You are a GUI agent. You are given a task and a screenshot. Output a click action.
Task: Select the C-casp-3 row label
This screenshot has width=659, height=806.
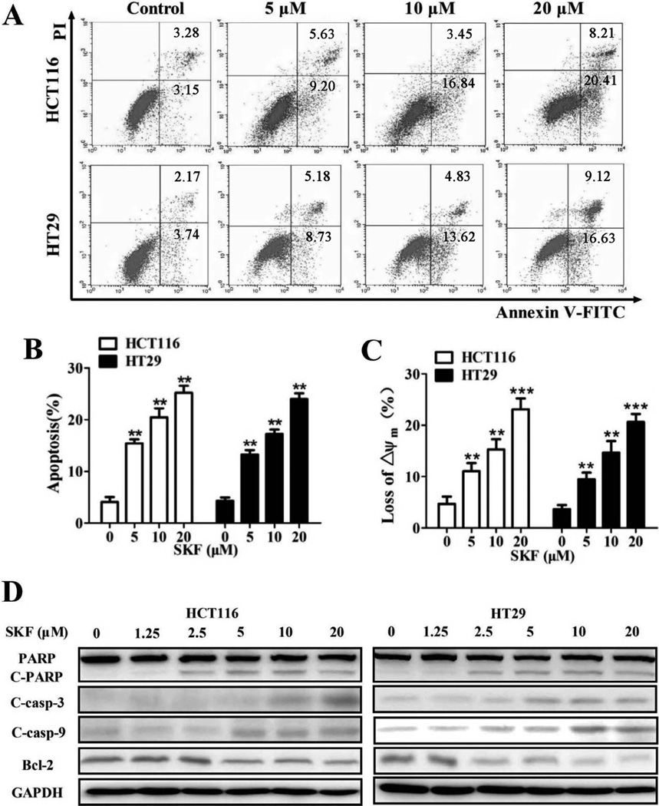click(38, 699)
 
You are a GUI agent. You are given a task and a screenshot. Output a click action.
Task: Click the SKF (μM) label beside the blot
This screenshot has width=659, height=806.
click(37, 633)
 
